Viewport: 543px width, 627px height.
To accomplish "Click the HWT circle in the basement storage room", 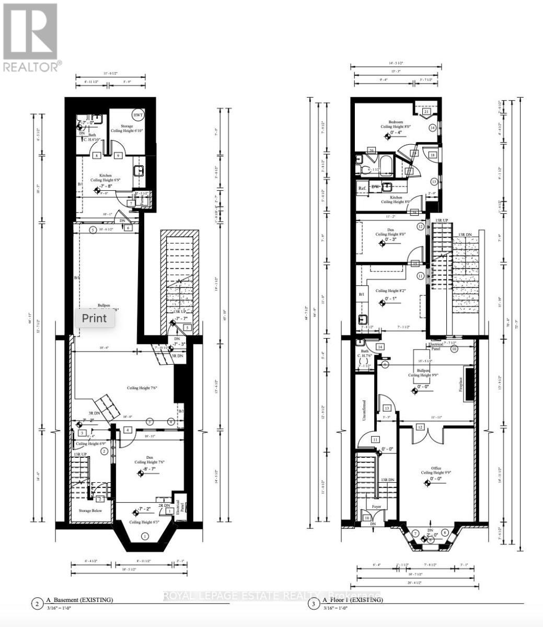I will pos(138,115).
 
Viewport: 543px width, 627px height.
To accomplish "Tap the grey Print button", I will pos(94,318).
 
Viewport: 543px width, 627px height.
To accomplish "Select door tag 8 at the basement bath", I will pos(96,155).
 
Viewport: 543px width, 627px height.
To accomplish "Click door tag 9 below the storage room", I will pos(118,155).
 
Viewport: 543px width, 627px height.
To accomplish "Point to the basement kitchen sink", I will pos(138,171).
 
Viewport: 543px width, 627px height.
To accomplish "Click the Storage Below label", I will pos(90,510).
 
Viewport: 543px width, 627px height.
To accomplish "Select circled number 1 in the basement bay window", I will pos(145,536).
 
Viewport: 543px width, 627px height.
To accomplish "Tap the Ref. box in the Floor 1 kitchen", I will pos(362,188).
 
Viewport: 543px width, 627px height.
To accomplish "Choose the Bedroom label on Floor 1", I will pos(395,122).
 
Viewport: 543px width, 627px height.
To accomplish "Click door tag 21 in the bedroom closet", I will pos(426,112).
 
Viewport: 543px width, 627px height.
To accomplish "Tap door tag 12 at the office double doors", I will pos(419,427).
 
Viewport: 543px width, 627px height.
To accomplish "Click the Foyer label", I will pos(376,506).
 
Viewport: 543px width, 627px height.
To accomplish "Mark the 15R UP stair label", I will pos(442,220).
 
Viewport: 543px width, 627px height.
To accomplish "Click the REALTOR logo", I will pos(30,37).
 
